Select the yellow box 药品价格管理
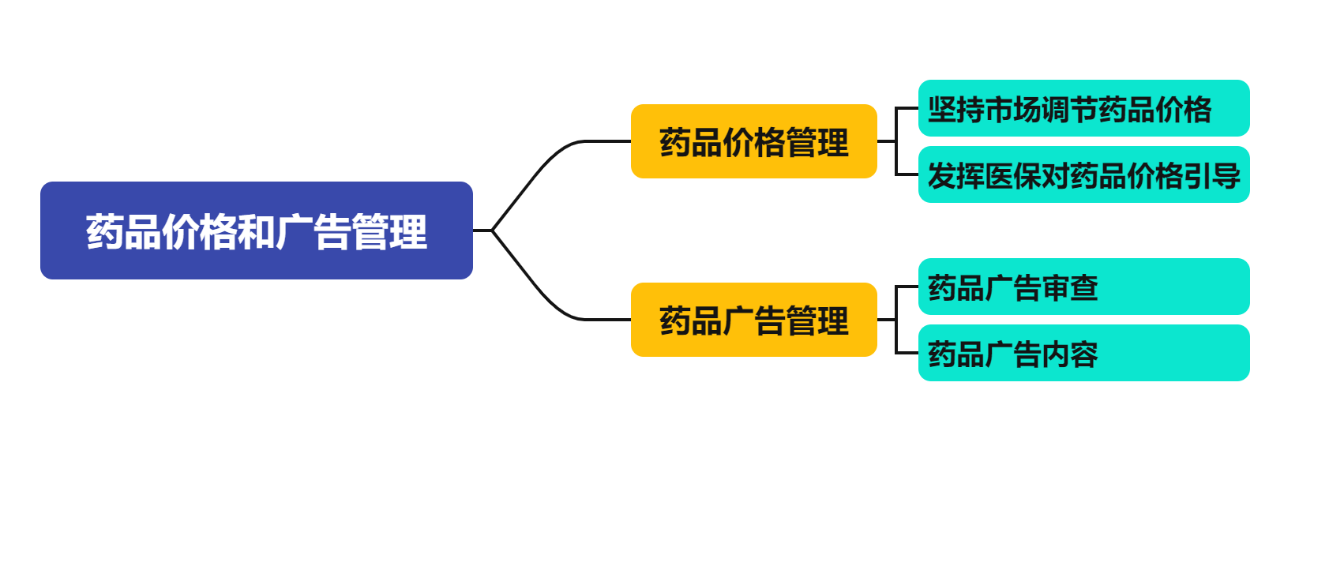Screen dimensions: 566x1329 pyautogui.click(x=753, y=142)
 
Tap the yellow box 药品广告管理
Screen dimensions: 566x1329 pyautogui.click(x=753, y=320)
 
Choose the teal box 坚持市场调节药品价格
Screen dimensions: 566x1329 pyautogui.click(x=1083, y=109)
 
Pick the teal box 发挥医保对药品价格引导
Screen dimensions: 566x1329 pyautogui.click(x=1083, y=175)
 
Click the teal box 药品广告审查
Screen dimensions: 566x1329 pyautogui.click(x=1083, y=287)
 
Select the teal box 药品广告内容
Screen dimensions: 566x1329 pyautogui.click(x=1083, y=354)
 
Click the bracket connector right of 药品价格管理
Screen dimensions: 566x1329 pyautogui.click(x=896, y=142)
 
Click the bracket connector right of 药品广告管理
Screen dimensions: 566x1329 pyautogui.click(x=896, y=320)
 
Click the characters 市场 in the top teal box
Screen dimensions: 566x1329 pyautogui.click(x=1012, y=110)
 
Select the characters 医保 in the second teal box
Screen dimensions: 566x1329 pyautogui.click(x=1012, y=176)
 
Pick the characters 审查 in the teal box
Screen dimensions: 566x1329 pyautogui.click(x=1069, y=288)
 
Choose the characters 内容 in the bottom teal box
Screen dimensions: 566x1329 pyautogui.click(x=1069, y=354)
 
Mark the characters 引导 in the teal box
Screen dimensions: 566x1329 pyautogui.click(x=1212, y=176)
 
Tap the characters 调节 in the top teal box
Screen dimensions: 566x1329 pyautogui.click(x=1069, y=110)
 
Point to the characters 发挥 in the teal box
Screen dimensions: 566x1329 pyautogui.click(x=955, y=176)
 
